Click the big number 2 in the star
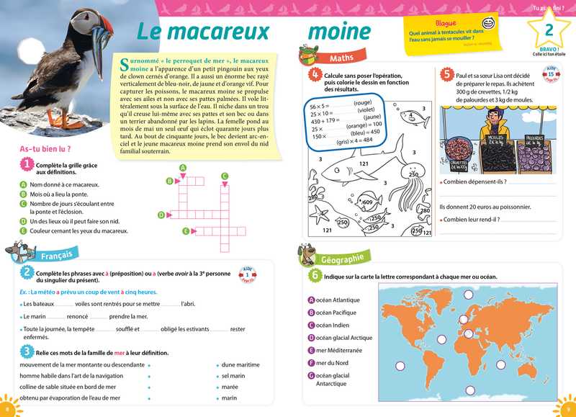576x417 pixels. [549, 31]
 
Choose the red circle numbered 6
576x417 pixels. [315, 274]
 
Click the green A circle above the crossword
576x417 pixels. [183, 167]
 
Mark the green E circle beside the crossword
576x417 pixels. [186, 230]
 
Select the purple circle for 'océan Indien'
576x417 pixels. [311, 325]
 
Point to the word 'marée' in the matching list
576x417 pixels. [230, 386]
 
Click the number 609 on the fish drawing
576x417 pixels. [368, 202]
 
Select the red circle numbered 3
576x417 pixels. [26, 351]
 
